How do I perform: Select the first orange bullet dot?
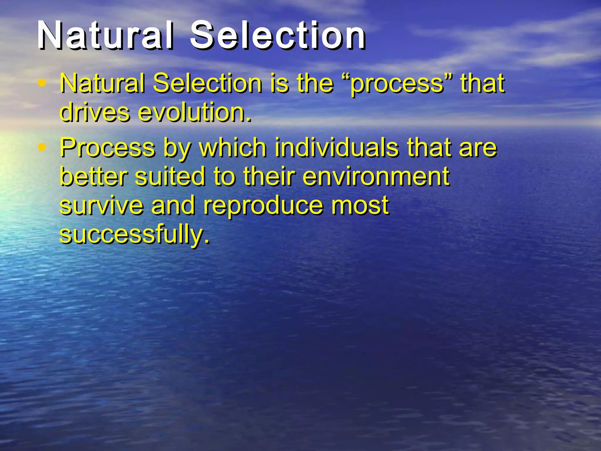[x=42, y=83]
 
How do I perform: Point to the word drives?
[x=94, y=112]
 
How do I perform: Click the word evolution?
[x=195, y=112]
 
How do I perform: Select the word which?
[x=232, y=147]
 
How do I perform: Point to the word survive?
[x=102, y=206]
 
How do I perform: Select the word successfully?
[x=135, y=235]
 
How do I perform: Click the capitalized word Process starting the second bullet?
[x=107, y=147]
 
